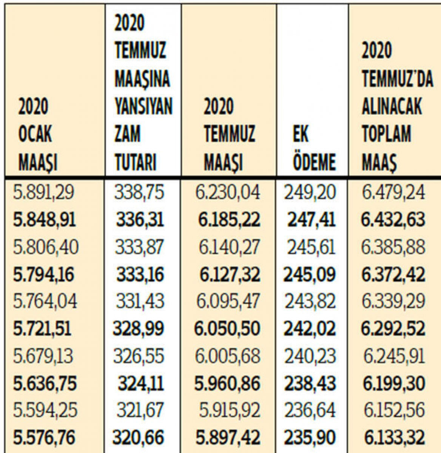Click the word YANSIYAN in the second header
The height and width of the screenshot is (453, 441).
pos(143,106)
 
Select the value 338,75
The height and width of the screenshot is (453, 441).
pos(140,193)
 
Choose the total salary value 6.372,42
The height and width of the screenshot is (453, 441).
pos(393,274)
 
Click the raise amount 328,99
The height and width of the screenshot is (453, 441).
pos(139,328)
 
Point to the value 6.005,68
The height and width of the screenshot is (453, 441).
pos(228,356)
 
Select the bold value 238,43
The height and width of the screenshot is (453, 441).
pos(310,383)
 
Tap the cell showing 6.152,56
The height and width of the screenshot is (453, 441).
pos(393,410)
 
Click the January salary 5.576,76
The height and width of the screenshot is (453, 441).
pos(44,437)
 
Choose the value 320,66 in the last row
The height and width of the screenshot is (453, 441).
pos(139,437)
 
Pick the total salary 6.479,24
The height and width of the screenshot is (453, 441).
pos(393,193)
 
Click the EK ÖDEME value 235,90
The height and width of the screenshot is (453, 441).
pos(310,437)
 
